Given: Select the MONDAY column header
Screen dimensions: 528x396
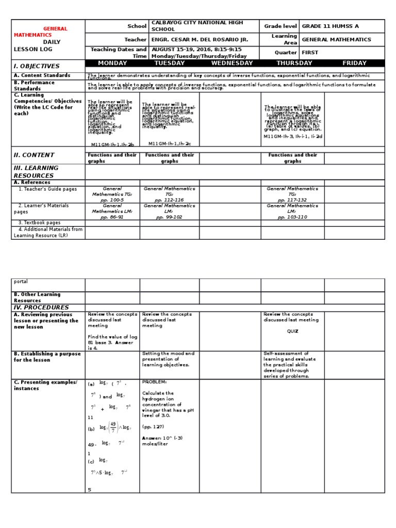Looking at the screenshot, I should point(112,63).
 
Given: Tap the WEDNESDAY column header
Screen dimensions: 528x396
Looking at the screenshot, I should point(232,63).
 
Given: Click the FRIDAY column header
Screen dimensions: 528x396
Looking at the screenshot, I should point(354,63).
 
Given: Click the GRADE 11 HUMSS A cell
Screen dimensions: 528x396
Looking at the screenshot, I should point(328,26).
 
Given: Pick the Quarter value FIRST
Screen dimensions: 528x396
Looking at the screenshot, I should point(310,53).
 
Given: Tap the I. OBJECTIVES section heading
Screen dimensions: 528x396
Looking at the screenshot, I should point(37,66).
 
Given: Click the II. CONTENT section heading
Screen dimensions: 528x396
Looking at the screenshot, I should point(34,155).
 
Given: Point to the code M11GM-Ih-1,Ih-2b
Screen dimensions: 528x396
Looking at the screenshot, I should point(112,145).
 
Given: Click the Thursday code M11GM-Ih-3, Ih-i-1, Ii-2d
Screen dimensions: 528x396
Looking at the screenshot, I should point(293,137).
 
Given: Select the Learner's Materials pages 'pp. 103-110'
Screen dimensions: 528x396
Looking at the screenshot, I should point(292,217).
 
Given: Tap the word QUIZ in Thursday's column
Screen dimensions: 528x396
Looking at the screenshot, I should point(292,332).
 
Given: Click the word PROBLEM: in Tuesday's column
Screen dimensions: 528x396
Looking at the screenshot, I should point(155,382).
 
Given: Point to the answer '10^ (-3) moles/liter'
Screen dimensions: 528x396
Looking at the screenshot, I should point(162,441).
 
